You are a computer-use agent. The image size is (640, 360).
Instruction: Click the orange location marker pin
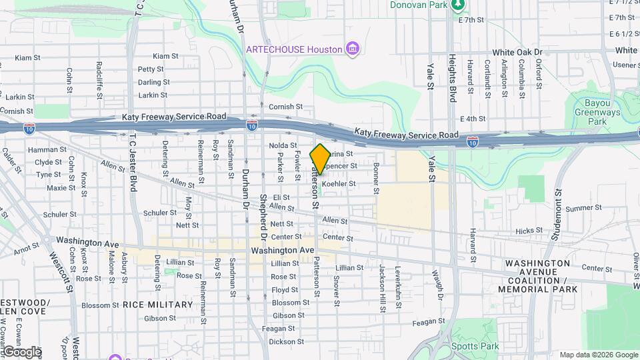pos(320,159)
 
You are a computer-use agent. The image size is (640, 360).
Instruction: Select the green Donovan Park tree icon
pos(458,5)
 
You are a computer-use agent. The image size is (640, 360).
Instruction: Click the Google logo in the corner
pos(21,351)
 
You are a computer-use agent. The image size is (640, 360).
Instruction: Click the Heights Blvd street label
pos(452,78)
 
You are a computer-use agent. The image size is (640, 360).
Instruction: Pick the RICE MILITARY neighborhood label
pos(157,305)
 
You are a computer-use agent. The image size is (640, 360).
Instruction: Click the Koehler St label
pos(336,183)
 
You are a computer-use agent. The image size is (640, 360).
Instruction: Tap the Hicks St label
pos(529,231)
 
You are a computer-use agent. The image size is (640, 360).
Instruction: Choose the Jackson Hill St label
pos(382,281)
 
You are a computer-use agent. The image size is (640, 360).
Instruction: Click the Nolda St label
pos(283,145)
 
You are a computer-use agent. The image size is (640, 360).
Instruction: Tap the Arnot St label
pos(26,249)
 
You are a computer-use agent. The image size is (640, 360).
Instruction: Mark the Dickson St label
pos(282,341)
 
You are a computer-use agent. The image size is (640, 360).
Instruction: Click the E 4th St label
pos(472,119)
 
